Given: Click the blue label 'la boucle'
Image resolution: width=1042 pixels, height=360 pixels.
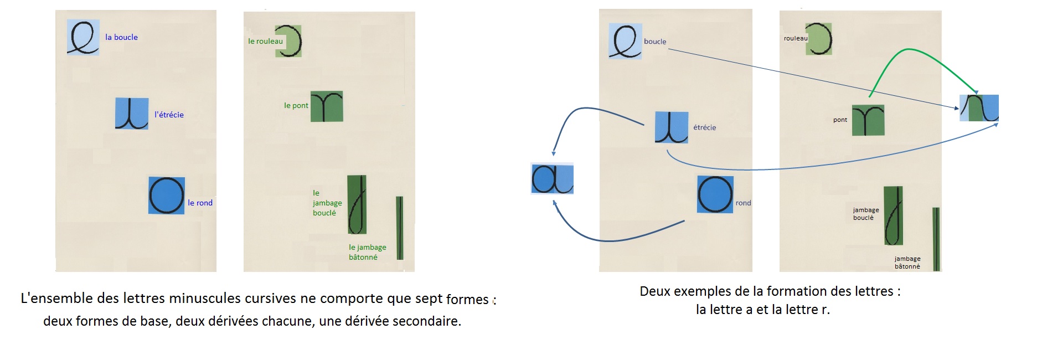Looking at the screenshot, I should click(121, 37).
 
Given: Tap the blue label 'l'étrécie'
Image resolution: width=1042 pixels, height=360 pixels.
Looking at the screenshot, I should click(169, 115).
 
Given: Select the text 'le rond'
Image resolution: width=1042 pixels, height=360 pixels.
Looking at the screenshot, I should click(200, 203).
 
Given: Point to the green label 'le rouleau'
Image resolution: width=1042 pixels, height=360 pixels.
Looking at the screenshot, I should click(265, 41).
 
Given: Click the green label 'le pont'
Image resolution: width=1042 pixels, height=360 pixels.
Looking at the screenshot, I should click(296, 105).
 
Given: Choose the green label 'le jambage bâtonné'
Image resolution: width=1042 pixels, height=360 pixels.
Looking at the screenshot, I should click(367, 252).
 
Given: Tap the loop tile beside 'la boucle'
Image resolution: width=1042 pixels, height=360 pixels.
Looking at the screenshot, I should click(83, 37).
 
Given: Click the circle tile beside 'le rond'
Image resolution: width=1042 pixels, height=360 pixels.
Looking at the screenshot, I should click(166, 196).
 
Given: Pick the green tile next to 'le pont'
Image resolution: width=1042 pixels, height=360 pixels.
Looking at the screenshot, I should click(327, 106).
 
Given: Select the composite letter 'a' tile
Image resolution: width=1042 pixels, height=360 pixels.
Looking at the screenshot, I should click(552, 178).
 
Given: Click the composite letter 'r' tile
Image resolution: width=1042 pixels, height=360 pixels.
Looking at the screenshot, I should click(979, 108).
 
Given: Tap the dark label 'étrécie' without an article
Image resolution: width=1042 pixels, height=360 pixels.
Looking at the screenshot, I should click(704, 127).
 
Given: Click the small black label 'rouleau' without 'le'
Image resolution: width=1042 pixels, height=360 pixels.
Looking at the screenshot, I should click(796, 38).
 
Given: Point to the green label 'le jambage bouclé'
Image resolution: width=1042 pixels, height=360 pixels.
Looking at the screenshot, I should click(327, 203).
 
